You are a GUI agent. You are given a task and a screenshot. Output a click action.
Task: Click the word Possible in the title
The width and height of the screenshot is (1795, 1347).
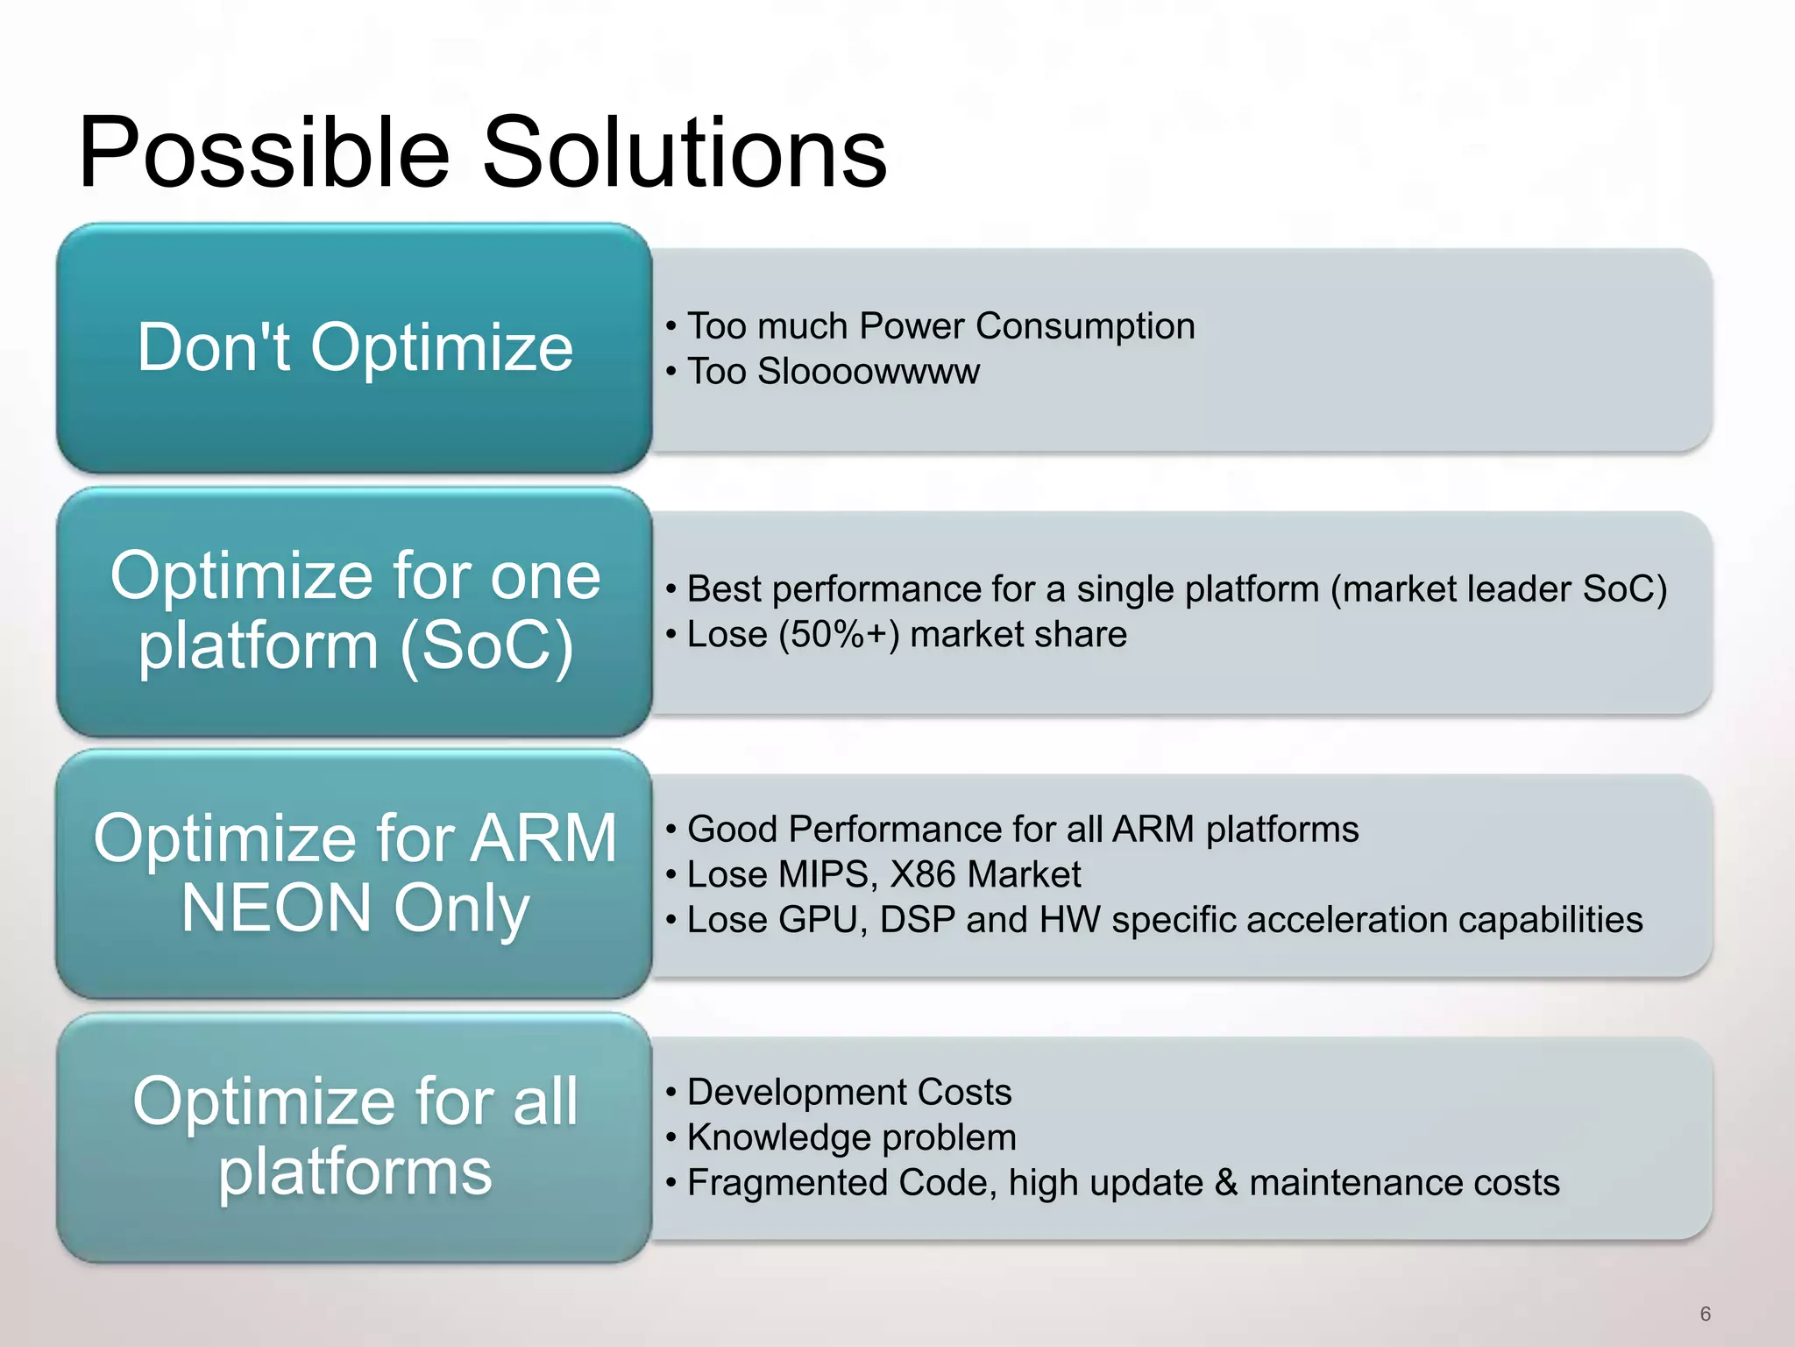[263, 153]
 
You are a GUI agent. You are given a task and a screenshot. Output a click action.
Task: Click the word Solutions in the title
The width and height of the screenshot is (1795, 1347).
[684, 153]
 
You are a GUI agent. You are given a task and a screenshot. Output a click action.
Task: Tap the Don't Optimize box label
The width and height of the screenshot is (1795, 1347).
[354, 347]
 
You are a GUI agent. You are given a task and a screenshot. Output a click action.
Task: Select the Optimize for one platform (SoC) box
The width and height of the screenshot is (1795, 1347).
[354, 610]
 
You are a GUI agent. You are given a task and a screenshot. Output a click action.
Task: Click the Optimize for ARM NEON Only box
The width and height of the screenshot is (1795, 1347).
[354, 873]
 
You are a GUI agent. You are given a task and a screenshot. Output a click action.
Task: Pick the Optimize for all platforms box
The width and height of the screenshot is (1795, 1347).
[354, 1137]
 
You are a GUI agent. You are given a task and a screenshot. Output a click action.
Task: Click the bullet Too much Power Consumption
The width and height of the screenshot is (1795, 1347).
[940, 326]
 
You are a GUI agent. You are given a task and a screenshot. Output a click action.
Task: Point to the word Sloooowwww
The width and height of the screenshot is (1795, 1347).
[868, 372]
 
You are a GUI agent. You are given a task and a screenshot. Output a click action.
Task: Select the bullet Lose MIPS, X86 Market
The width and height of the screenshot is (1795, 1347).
[883, 875]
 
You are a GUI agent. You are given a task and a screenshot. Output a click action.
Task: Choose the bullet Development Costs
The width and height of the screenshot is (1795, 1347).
[848, 1093]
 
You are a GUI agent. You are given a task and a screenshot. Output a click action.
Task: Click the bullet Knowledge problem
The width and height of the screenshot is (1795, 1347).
[851, 1138]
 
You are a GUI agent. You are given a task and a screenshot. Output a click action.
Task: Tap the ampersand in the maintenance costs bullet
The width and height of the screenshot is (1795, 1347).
[1226, 1183]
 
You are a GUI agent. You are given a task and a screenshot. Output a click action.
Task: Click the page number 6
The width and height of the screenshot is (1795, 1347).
[1705, 1314]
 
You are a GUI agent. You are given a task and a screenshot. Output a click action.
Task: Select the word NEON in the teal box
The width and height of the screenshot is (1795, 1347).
[276, 909]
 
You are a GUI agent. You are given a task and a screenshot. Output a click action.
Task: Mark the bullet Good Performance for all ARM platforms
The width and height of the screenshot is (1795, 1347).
[1022, 830]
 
